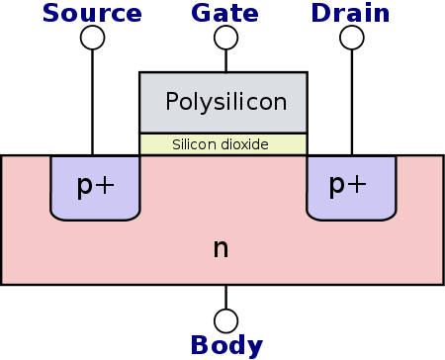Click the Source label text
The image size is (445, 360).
(x=93, y=13)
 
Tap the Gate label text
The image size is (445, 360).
(x=225, y=13)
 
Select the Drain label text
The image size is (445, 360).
(x=351, y=13)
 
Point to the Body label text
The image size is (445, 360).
(x=226, y=345)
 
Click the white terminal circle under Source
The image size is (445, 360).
(x=92, y=38)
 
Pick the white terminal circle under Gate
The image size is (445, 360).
(x=225, y=38)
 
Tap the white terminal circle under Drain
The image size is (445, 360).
(x=351, y=38)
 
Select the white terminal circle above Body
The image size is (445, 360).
(x=225, y=320)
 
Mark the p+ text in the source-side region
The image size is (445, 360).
(x=96, y=185)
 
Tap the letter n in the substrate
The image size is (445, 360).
(x=221, y=247)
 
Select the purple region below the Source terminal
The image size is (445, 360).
(x=96, y=203)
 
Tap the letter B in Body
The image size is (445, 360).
(x=198, y=345)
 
